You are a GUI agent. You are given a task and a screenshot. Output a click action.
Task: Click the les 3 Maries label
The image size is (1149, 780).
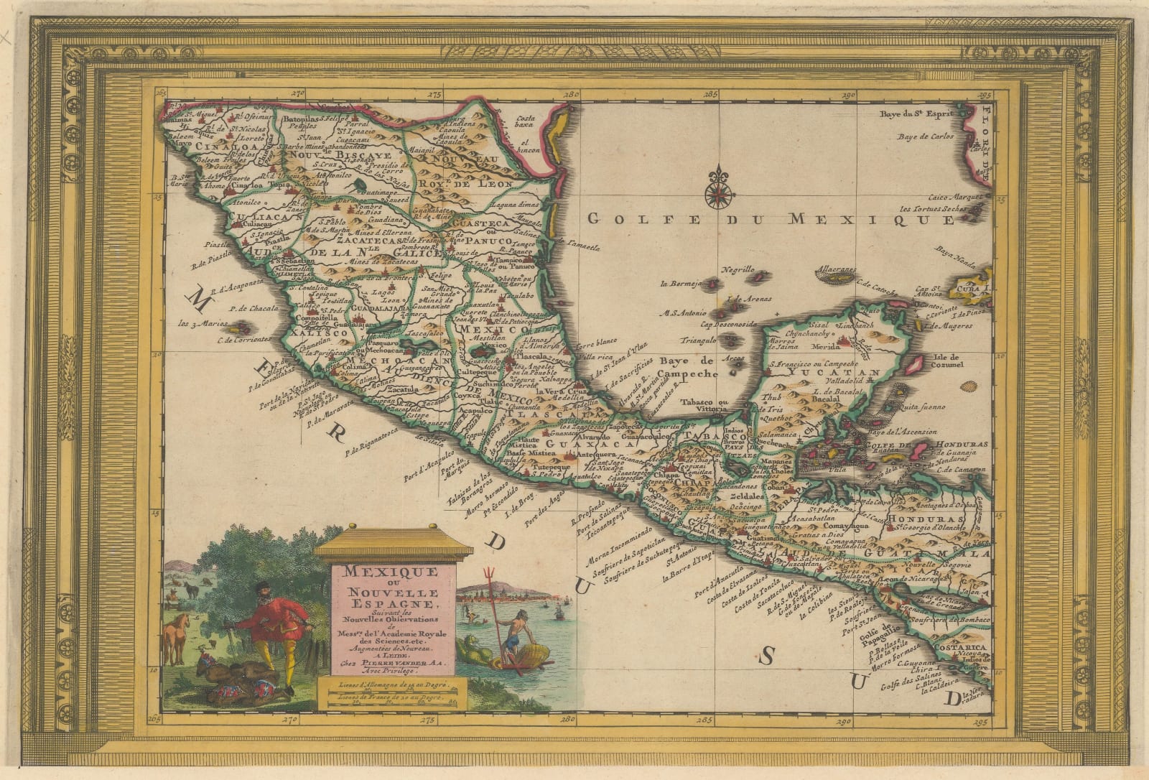201,322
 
